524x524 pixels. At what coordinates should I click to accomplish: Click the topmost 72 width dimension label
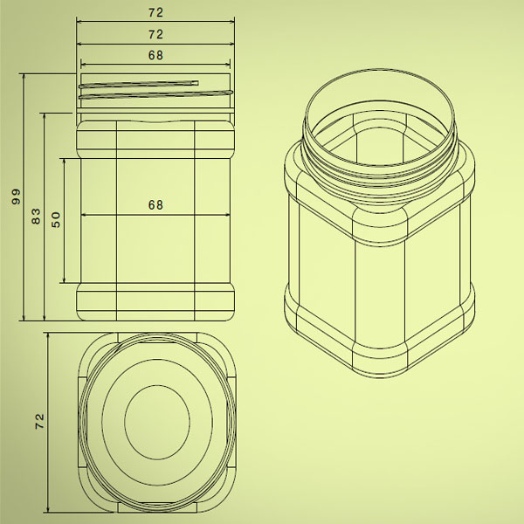tap(155, 12)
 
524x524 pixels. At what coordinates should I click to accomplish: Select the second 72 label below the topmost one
tap(155, 34)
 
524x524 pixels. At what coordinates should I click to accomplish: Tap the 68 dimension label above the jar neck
tap(155, 55)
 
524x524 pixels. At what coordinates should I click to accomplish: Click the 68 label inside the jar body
tap(155, 205)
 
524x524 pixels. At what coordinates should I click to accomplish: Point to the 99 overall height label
tap(16, 196)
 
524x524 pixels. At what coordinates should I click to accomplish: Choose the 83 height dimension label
tap(36, 217)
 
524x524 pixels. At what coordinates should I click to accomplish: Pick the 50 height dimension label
tap(56, 219)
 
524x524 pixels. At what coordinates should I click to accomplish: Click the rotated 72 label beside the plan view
tap(39, 421)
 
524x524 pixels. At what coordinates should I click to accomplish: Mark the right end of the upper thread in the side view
tap(198, 83)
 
